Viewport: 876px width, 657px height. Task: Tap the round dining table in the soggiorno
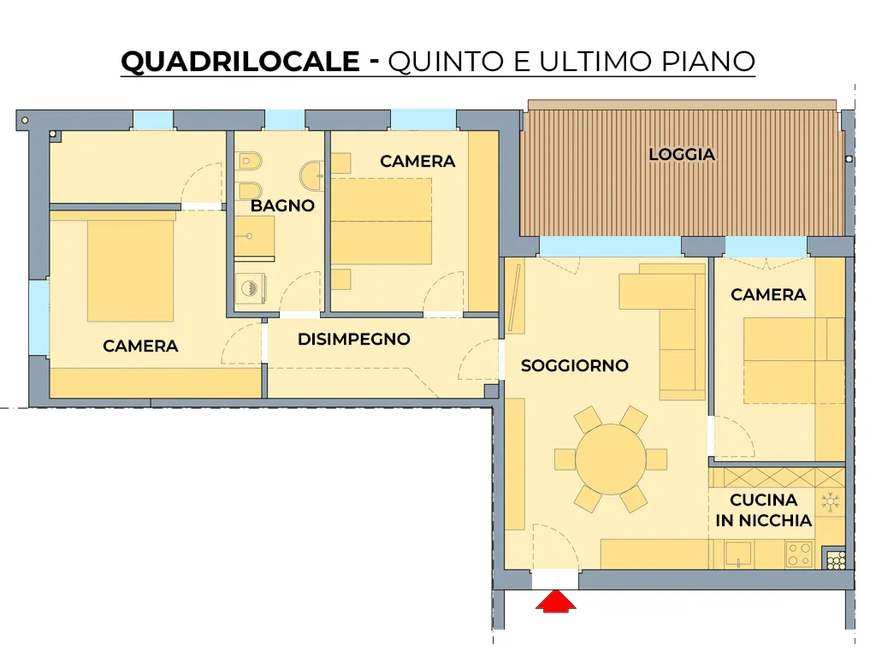(x=611, y=459)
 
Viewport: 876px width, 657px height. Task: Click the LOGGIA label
(x=682, y=154)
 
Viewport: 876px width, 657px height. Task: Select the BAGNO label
(x=282, y=205)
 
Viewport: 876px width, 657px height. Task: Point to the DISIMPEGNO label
(x=353, y=339)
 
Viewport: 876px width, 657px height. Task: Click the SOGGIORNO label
(x=574, y=366)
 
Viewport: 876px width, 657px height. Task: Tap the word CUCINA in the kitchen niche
(x=763, y=500)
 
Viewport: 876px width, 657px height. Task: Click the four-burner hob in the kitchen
(x=799, y=554)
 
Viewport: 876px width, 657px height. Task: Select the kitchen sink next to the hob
(x=738, y=554)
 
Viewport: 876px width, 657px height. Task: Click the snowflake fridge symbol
(x=831, y=502)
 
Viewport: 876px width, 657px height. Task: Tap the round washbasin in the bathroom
(x=311, y=176)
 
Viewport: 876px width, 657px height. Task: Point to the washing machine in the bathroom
(x=250, y=288)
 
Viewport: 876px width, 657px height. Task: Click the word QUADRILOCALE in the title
(x=240, y=61)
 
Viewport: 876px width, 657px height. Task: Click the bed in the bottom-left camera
(x=131, y=271)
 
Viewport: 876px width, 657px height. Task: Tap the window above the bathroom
(x=284, y=120)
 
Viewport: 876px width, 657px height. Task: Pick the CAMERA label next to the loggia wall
(x=417, y=162)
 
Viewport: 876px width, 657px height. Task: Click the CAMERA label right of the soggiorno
(x=768, y=295)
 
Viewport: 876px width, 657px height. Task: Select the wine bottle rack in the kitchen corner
(x=836, y=559)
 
